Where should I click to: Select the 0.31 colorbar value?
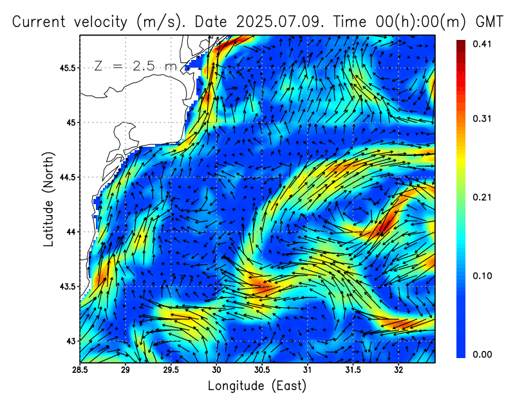(482, 118)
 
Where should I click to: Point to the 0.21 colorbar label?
(482, 197)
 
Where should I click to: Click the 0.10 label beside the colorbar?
(482, 276)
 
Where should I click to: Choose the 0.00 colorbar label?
(482, 354)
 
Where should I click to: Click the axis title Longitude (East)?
(257, 386)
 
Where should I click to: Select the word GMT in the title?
(490, 21)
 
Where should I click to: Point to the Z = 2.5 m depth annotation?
(135, 66)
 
